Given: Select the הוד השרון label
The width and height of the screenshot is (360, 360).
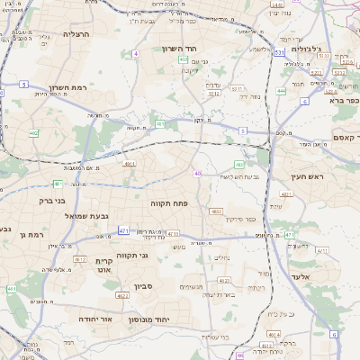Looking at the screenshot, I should [x=179, y=49].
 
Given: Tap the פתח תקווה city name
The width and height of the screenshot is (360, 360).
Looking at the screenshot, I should [x=168, y=203].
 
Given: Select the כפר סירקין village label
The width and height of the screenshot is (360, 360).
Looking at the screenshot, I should [x=238, y=219].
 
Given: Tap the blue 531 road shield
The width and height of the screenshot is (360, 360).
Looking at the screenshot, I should [x=280, y=53].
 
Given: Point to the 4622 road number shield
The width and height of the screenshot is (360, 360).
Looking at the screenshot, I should [x=122, y=294].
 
